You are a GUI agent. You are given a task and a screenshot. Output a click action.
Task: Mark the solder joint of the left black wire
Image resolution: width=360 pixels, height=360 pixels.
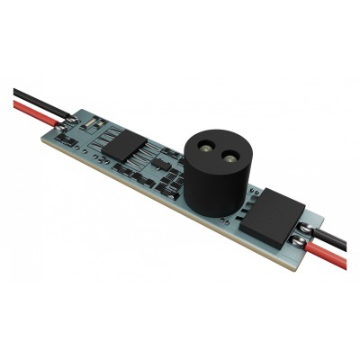tap(74, 118)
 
